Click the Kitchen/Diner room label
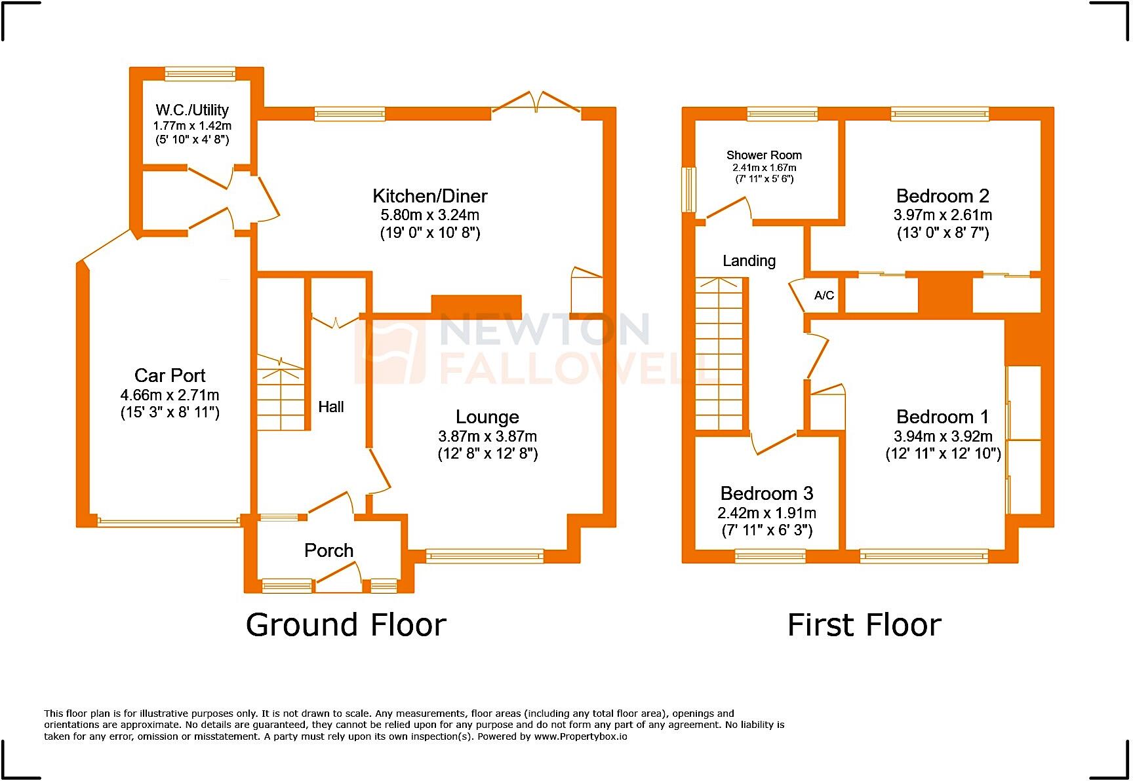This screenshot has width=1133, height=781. (430, 196)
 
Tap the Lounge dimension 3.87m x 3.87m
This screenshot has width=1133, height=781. (487, 436)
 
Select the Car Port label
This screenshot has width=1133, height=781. (170, 375)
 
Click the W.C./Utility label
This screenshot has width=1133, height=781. (192, 110)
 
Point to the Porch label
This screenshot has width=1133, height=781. (328, 550)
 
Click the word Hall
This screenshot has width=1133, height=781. (331, 407)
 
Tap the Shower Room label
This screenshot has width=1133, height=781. (764, 155)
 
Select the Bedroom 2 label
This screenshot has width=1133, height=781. (942, 196)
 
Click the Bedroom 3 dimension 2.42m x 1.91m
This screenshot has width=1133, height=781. (766, 513)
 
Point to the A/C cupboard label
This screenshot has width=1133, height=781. (824, 295)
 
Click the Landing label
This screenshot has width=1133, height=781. (749, 261)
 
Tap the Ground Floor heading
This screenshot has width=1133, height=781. (346, 625)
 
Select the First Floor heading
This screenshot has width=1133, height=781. (864, 625)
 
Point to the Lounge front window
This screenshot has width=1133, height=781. (485, 556)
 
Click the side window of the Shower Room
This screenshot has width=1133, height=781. (688, 190)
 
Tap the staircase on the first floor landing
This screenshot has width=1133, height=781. (719, 354)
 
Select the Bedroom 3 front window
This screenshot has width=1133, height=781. (770, 557)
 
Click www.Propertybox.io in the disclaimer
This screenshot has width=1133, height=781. (580, 736)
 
